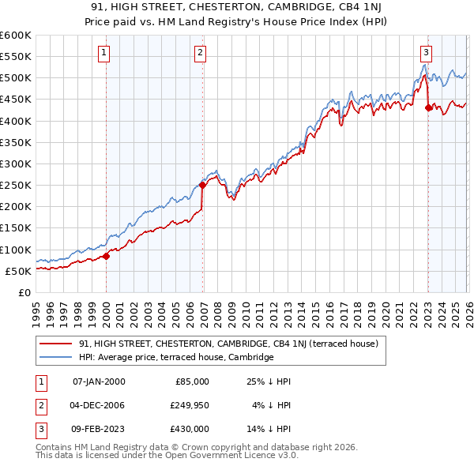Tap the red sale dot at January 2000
[107, 255]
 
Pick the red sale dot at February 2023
[428, 108]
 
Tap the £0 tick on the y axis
[24, 292]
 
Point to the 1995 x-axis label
[36, 308]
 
